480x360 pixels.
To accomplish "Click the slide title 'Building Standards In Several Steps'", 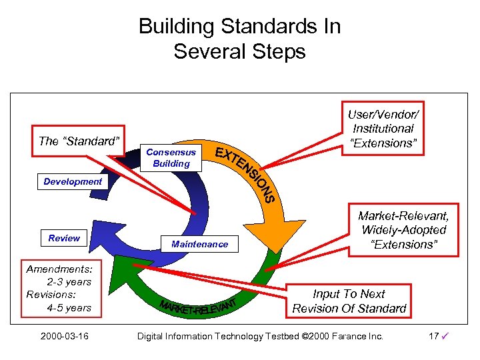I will point(239,39).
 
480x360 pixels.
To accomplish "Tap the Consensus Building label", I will point(171,157).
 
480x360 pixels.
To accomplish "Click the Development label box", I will point(73,181).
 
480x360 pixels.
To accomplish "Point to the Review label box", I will point(64,238).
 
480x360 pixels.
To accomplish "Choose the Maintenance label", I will point(199,244).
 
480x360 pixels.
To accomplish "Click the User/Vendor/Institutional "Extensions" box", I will point(384,128).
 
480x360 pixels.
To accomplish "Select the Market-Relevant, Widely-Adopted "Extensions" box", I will point(403,230).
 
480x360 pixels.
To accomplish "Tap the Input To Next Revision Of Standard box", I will point(349,301).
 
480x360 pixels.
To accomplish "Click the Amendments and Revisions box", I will point(59,288).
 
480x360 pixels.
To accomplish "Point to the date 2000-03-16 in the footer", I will point(64,336).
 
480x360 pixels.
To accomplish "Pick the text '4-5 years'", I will point(69,307).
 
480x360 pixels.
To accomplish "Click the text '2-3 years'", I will point(69,282).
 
